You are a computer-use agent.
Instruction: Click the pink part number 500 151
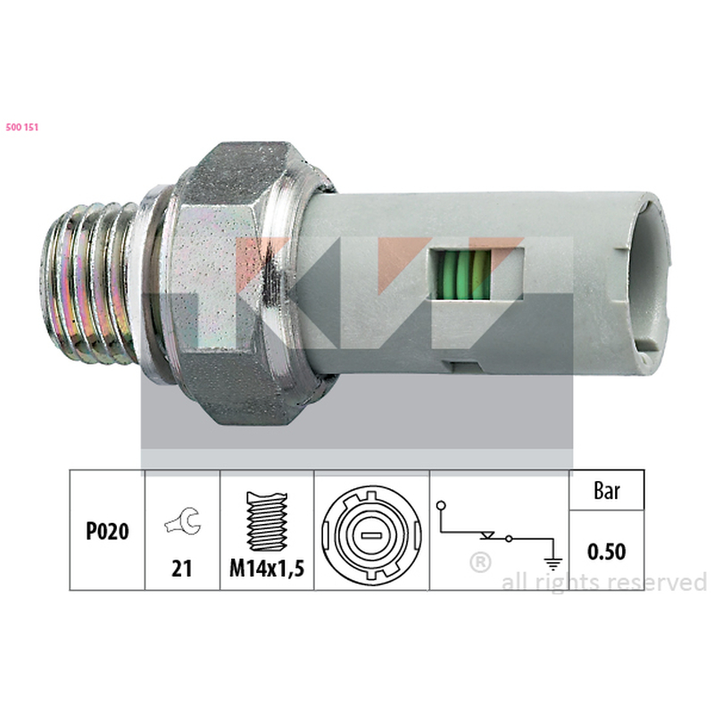[21, 127]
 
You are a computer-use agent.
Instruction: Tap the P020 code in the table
[107, 531]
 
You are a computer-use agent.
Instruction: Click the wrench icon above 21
[183, 521]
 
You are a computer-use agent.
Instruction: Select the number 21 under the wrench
[181, 569]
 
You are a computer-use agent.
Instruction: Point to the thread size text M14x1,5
[267, 569]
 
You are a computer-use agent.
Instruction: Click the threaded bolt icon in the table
[267, 521]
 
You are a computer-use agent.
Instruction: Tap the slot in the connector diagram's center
[371, 535]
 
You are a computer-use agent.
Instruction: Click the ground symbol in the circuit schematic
[553, 564]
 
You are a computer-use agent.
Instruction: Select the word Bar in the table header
[607, 491]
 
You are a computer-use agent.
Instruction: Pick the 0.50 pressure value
[606, 552]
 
